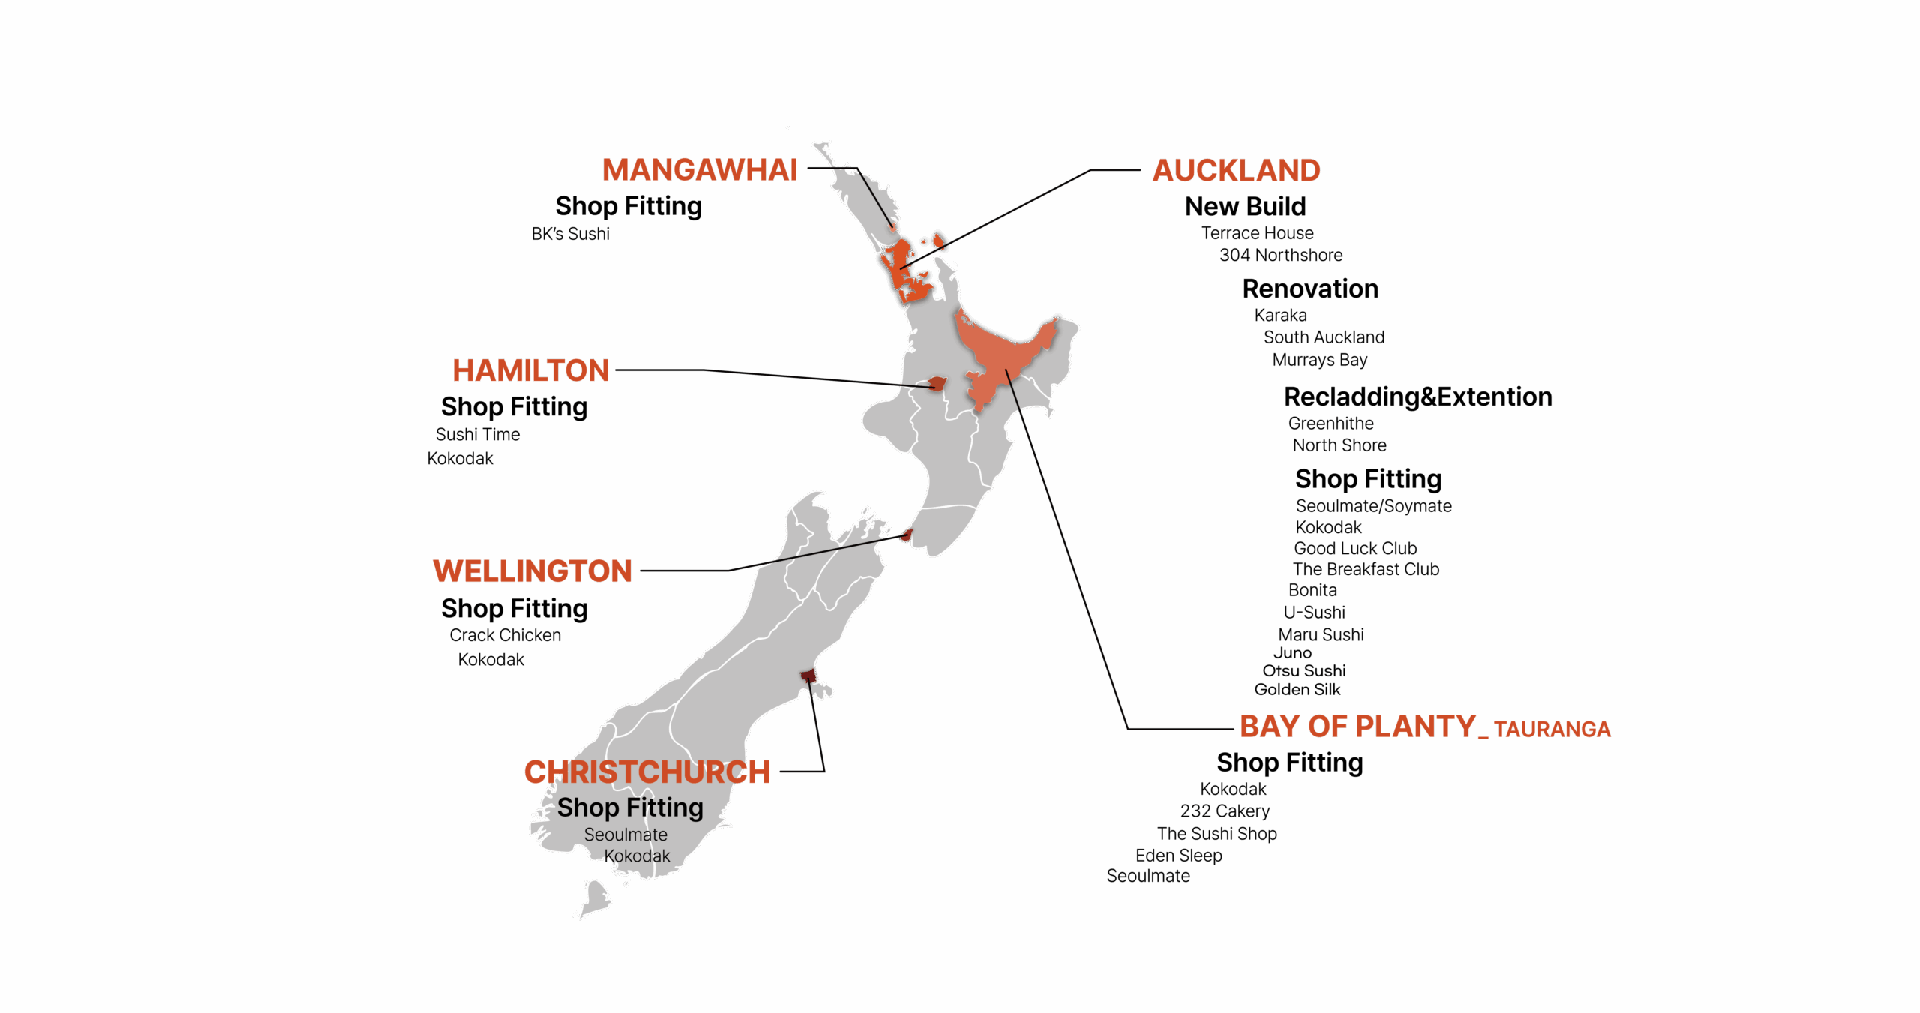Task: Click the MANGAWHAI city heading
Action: [699, 170]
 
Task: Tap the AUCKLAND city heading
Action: [1236, 171]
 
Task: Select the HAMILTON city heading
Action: [530, 370]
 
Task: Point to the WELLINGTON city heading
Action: [532, 571]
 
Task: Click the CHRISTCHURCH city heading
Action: [646, 772]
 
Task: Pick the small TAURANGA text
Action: [1552, 729]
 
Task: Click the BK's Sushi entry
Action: [570, 234]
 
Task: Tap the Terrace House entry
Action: [1257, 233]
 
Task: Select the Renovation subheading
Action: [1310, 289]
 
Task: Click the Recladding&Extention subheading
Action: [1417, 397]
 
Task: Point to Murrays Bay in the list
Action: [1320, 360]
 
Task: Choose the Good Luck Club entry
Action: [1355, 548]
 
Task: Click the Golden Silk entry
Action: [1297, 689]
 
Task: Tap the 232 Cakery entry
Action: [1225, 811]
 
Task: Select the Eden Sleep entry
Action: [1178, 855]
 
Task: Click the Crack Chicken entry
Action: [505, 635]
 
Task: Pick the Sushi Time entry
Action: [477, 434]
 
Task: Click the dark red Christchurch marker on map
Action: [808, 676]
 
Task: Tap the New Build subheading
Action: [1245, 206]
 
